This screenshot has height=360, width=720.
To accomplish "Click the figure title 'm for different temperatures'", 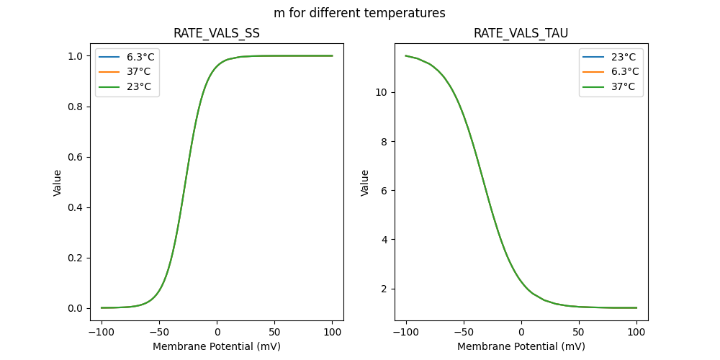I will (359, 13).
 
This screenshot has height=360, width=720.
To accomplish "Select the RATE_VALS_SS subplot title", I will (217, 34).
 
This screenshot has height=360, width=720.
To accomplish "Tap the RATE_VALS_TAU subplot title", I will (521, 34).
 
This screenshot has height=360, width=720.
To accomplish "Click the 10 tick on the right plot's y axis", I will (382, 92).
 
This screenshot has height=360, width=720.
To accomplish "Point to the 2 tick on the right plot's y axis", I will (385, 289).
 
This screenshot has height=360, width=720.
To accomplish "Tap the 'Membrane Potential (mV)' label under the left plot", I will (217, 346).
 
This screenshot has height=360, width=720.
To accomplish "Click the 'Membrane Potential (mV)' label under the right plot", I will (521, 346).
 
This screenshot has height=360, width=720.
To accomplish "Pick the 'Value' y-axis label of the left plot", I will (58, 183).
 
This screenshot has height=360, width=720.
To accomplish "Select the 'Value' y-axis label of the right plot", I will (364, 183).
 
